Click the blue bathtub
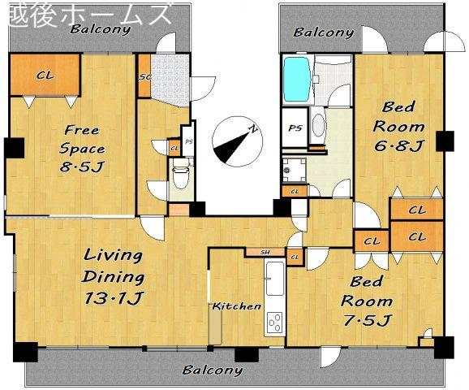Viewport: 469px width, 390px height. tap(296, 79)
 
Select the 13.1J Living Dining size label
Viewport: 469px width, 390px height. tap(114, 297)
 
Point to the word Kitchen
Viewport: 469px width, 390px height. tap(237, 306)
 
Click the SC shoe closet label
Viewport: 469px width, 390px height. tap(145, 76)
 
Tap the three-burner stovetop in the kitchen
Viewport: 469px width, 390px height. tap(274, 323)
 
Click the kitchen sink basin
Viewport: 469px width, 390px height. tap(275, 278)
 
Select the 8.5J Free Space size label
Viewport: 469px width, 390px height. tap(81, 167)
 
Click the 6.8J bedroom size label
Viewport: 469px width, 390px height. tap(398, 146)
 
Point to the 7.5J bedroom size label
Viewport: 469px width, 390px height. tap(367, 321)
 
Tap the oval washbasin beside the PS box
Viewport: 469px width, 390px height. tap(318, 126)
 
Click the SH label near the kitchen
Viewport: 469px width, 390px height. tap(265, 252)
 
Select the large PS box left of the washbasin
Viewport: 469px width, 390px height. tap(295, 128)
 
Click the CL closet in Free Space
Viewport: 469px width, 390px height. tap(45, 75)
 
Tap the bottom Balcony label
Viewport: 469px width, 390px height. tap(213, 370)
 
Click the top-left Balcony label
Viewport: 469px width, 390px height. tap(101, 29)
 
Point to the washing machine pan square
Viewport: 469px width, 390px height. tap(295, 170)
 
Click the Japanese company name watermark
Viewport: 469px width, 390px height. tap(89, 15)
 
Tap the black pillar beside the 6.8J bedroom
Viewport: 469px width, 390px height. tap(445, 141)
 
